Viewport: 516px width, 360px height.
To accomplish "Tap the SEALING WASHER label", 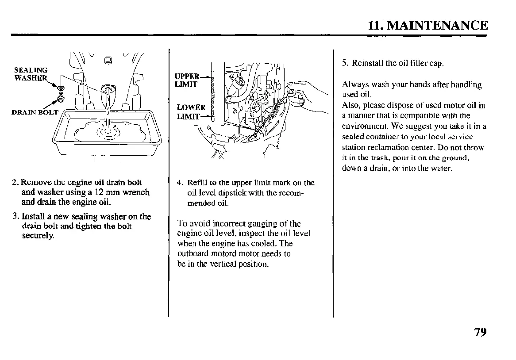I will (x=31, y=74).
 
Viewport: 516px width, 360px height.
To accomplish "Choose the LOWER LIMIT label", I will (x=190, y=111).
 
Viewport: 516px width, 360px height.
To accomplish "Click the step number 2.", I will (x=15, y=183).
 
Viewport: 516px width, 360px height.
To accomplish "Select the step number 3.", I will (x=15, y=217).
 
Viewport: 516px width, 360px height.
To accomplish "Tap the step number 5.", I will (x=344, y=63).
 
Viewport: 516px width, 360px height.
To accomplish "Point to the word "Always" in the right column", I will (x=354, y=84).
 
